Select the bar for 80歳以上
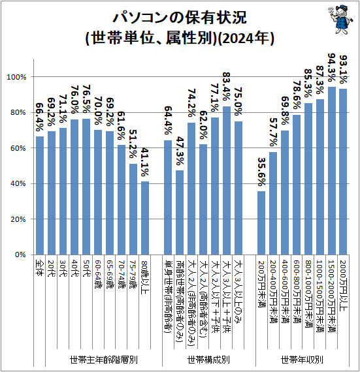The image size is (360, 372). [x=145, y=218]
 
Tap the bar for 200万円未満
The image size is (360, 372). [x=261, y=223]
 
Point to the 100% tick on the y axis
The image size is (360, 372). [x=16, y=77]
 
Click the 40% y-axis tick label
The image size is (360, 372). [x=18, y=183]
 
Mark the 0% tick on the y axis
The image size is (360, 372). [x=20, y=255]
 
